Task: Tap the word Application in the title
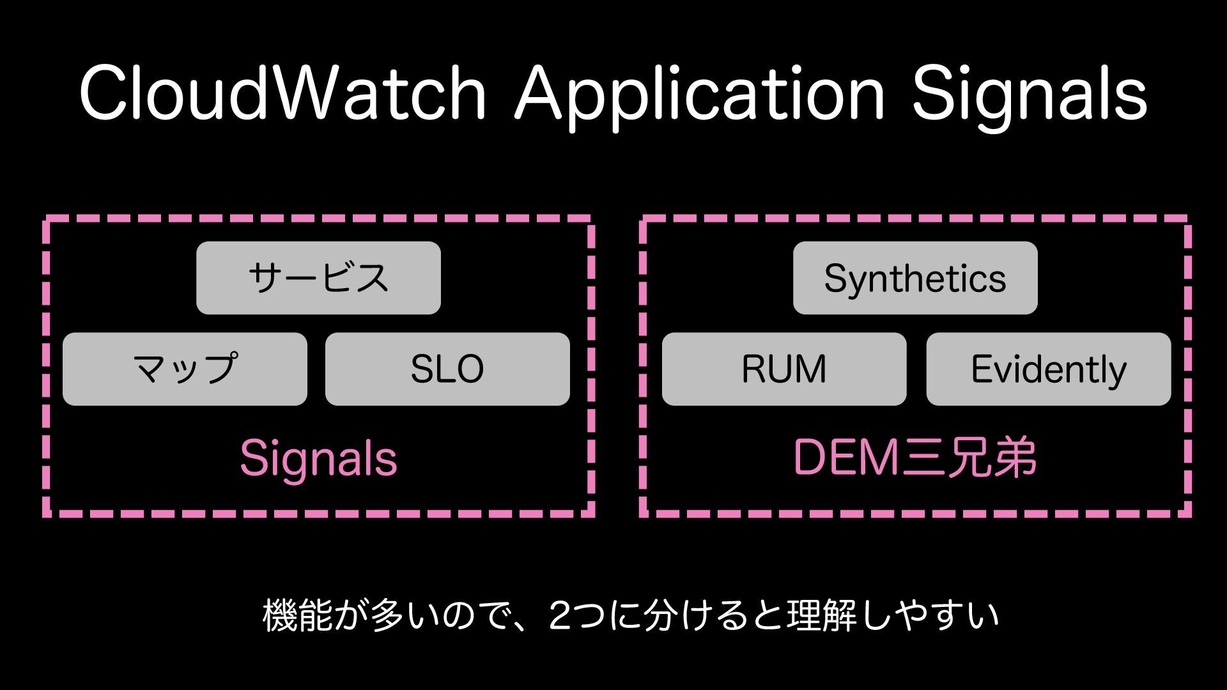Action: [700, 94]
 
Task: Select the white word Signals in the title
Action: [1030, 94]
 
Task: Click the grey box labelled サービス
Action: [318, 278]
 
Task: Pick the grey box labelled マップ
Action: [185, 369]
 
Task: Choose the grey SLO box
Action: [447, 369]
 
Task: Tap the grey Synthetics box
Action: [915, 278]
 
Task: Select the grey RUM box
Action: [784, 369]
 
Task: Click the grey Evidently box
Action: [1049, 369]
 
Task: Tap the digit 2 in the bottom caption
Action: [562, 615]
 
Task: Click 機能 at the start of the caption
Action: [298, 615]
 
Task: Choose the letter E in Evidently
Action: [980, 369]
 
